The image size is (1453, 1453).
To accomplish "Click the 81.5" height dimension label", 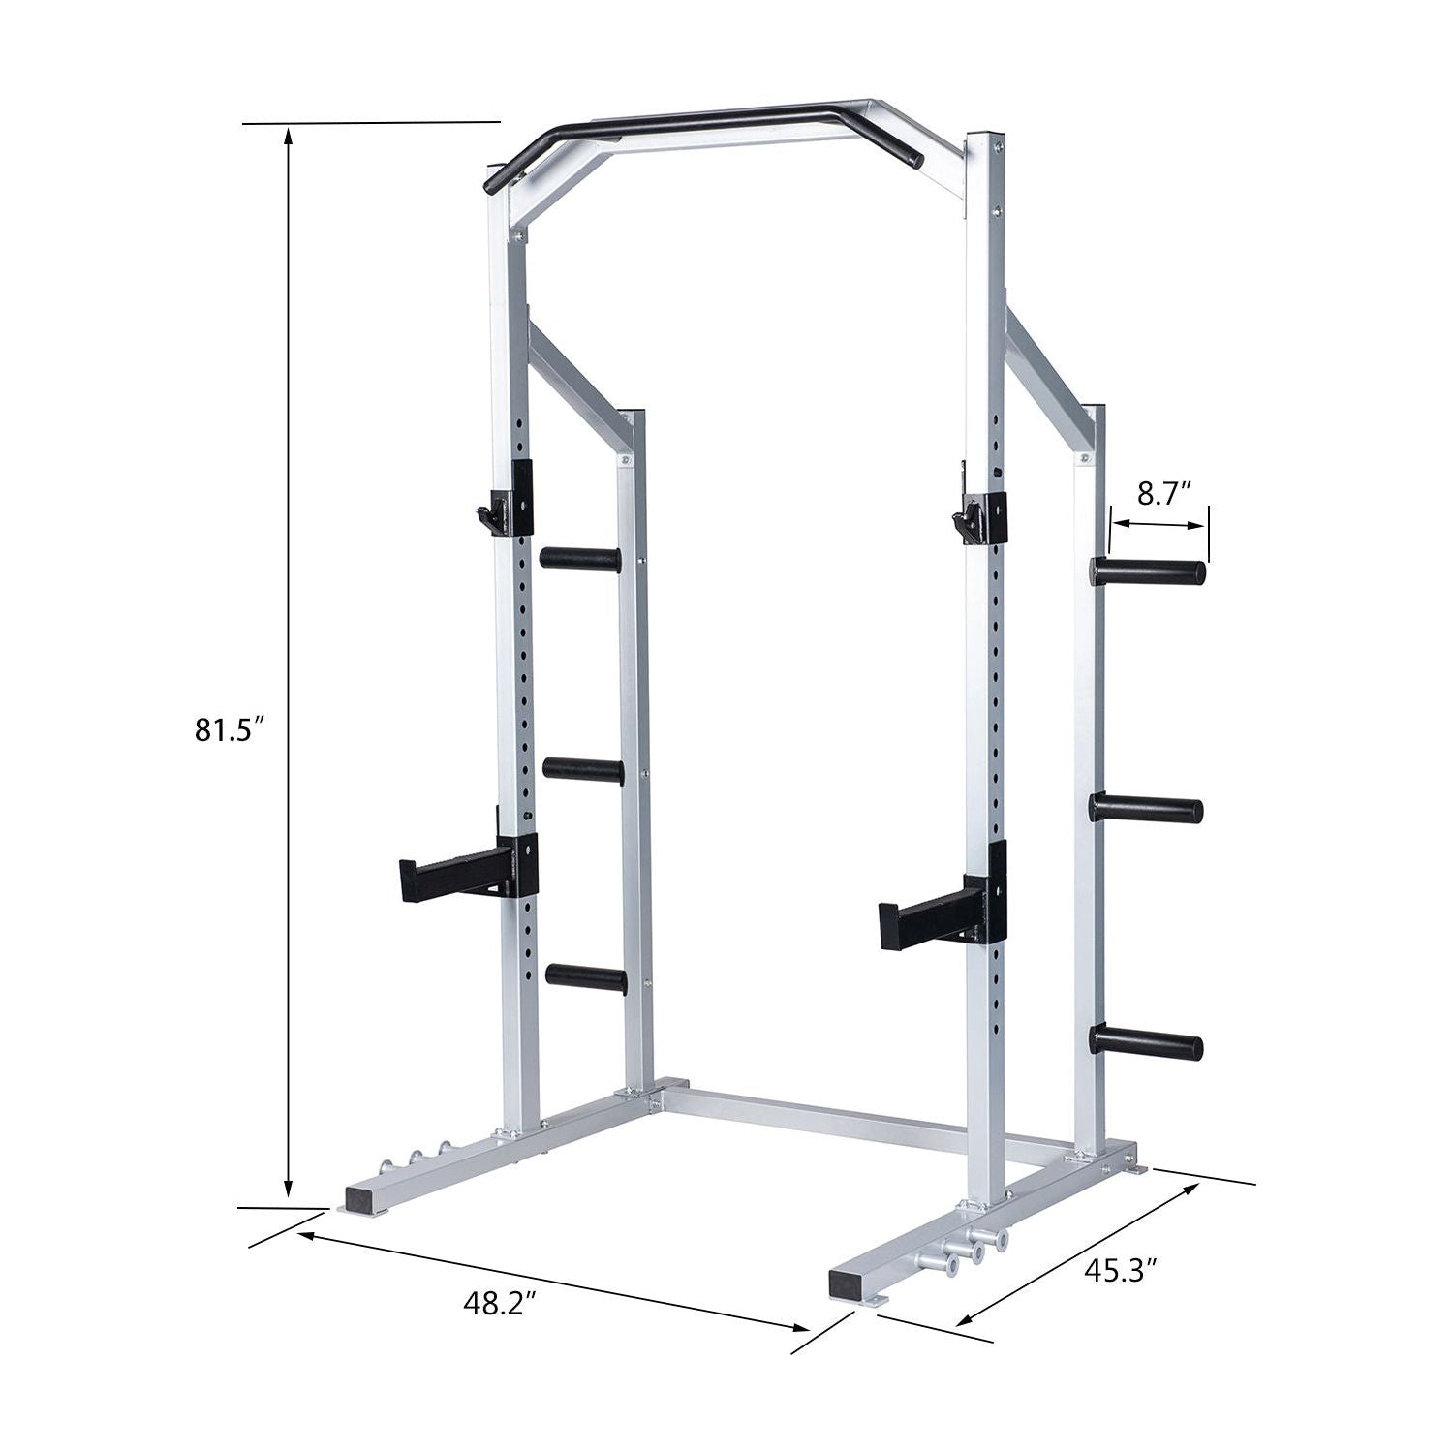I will (x=230, y=729).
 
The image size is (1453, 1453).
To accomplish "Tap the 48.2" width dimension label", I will (x=499, y=1303).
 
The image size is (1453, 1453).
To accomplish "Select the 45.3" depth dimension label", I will (x=1121, y=1270).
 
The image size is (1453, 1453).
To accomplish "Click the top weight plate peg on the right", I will (x=1148, y=572).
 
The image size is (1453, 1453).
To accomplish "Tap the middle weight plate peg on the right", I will (x=1147, y=808).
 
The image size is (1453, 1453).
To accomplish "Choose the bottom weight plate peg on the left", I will (x=585, y=978).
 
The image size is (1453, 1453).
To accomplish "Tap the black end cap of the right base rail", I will (x=850, y=1285).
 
